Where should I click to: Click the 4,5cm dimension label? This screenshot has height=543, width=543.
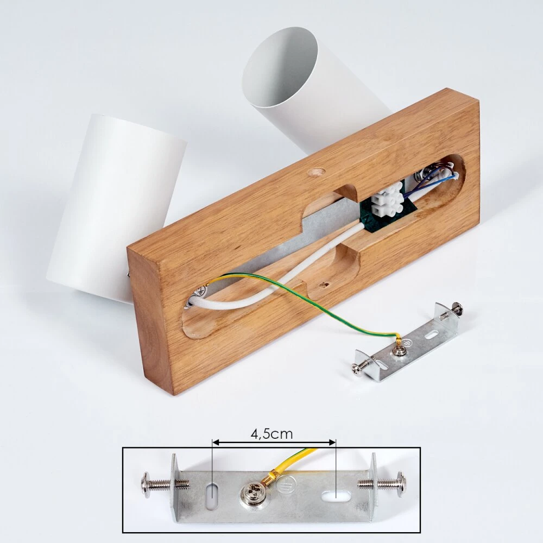(271, 433)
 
